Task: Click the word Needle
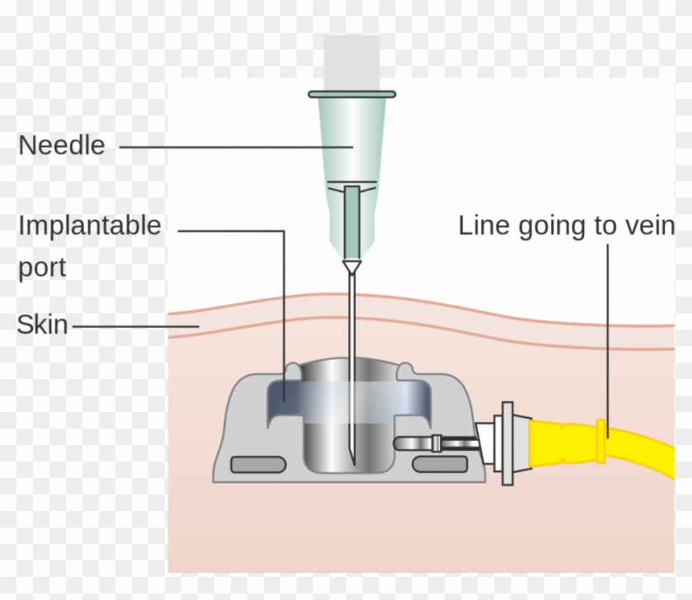(62, 146)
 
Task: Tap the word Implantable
(90, 226)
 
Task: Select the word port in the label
(42, 268)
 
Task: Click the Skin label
(42, 325)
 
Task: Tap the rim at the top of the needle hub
(352, 94)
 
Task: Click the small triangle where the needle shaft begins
(353, 267)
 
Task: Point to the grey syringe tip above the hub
(352, 62)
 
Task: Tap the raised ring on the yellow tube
(601, 429)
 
